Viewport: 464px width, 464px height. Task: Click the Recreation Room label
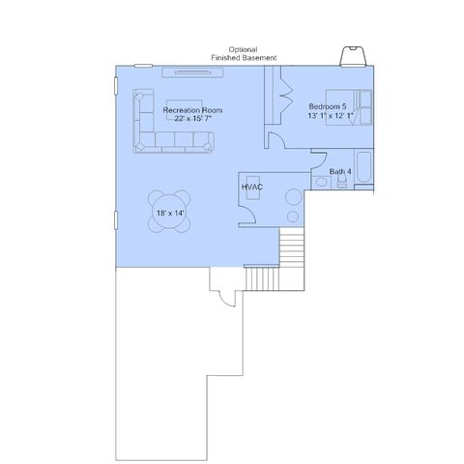[192, 110]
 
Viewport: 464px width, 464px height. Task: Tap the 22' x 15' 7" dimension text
[192, 119]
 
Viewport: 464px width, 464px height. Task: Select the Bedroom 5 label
[328, 106]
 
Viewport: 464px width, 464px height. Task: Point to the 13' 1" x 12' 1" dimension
[331, 115]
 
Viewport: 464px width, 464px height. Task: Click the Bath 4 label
[340, 172]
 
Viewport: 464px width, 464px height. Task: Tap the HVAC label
[252, 187]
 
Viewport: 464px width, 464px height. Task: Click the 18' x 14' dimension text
[170, 213]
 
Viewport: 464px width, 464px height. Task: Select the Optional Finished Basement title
[244, 54]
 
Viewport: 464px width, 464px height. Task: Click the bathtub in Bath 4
[364, 166]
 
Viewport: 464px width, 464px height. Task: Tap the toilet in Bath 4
[341, 183]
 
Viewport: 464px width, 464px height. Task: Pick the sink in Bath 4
[321, 183]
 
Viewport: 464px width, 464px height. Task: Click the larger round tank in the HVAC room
[293, 196]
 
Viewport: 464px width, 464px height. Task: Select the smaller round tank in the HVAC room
[293, 217]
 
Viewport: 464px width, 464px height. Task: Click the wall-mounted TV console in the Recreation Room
[192, 72]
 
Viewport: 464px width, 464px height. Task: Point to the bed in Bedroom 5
[349, 107]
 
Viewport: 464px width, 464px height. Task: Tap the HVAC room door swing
[247, 215]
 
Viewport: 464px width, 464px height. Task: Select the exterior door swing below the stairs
[227, 299]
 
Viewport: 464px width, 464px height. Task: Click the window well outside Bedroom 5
[353, 57]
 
